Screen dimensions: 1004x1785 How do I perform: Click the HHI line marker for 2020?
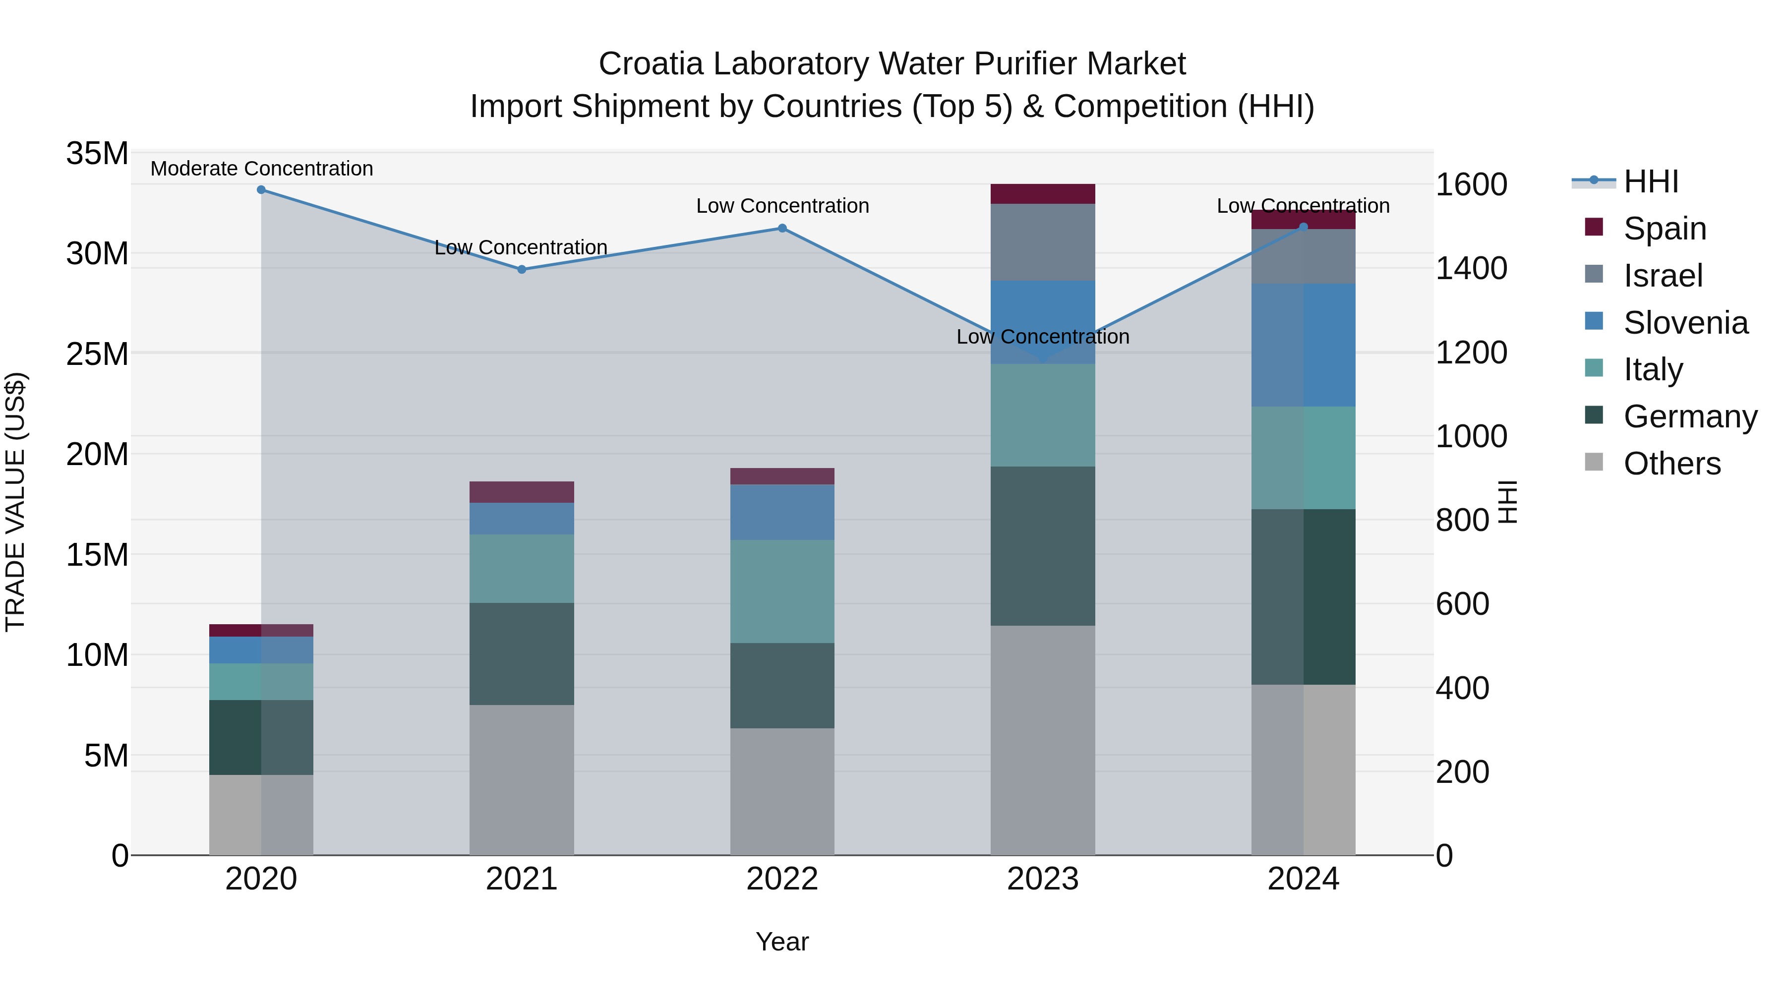261,190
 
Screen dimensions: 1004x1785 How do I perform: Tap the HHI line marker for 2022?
782,229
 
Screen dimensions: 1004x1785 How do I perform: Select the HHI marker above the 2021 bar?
522,270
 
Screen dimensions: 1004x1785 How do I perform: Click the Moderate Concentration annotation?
261,169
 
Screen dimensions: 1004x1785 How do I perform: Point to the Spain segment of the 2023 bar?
1042,194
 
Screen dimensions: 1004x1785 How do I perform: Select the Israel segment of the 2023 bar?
1042,242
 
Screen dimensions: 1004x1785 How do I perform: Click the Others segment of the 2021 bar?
522,779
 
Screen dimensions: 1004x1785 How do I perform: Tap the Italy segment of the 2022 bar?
782,591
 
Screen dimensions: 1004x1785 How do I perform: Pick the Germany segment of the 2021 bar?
522,653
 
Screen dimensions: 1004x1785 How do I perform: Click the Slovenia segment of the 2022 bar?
782,512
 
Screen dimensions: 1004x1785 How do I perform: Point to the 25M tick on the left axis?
97,354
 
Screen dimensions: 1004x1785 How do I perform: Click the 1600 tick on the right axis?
1471,185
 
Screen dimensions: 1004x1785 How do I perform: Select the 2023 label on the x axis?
1042,879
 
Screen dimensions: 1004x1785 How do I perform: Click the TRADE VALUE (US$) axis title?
15,502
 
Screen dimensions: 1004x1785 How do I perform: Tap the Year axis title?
782,942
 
